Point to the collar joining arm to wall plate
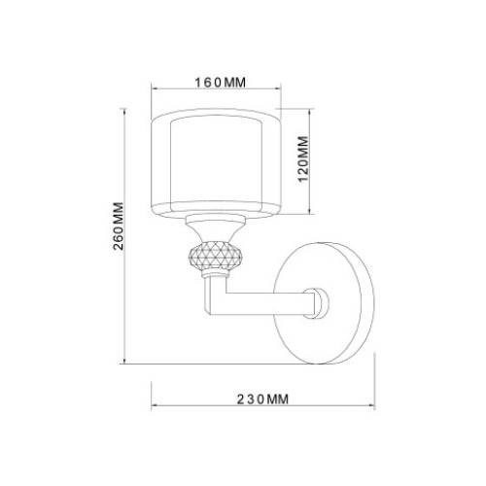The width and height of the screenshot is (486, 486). (x=319, y=303)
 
